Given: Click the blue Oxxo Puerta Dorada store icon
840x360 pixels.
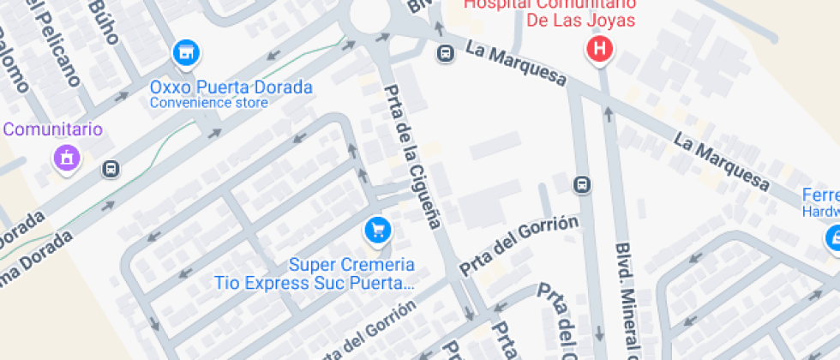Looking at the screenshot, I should coord(185,53).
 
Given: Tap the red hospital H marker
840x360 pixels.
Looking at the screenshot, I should coord(600,49).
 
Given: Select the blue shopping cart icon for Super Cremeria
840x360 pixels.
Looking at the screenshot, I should coord(377,229).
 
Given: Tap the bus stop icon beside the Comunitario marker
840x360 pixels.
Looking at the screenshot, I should coord(111,169).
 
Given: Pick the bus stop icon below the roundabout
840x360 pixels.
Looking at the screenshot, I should coord(445,54).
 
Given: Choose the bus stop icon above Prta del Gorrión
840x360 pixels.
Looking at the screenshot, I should coord(582,184).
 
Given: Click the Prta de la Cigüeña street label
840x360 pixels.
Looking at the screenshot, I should coord(412,157).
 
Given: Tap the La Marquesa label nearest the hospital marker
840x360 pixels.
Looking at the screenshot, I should coord(516,63).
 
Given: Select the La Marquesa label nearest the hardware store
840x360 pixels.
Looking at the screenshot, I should coord(722,159).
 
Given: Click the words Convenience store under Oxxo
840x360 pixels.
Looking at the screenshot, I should coord(209,103).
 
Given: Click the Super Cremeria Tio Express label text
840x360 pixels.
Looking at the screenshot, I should coord(315,273).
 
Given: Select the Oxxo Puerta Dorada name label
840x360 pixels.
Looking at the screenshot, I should coord(231,87).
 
